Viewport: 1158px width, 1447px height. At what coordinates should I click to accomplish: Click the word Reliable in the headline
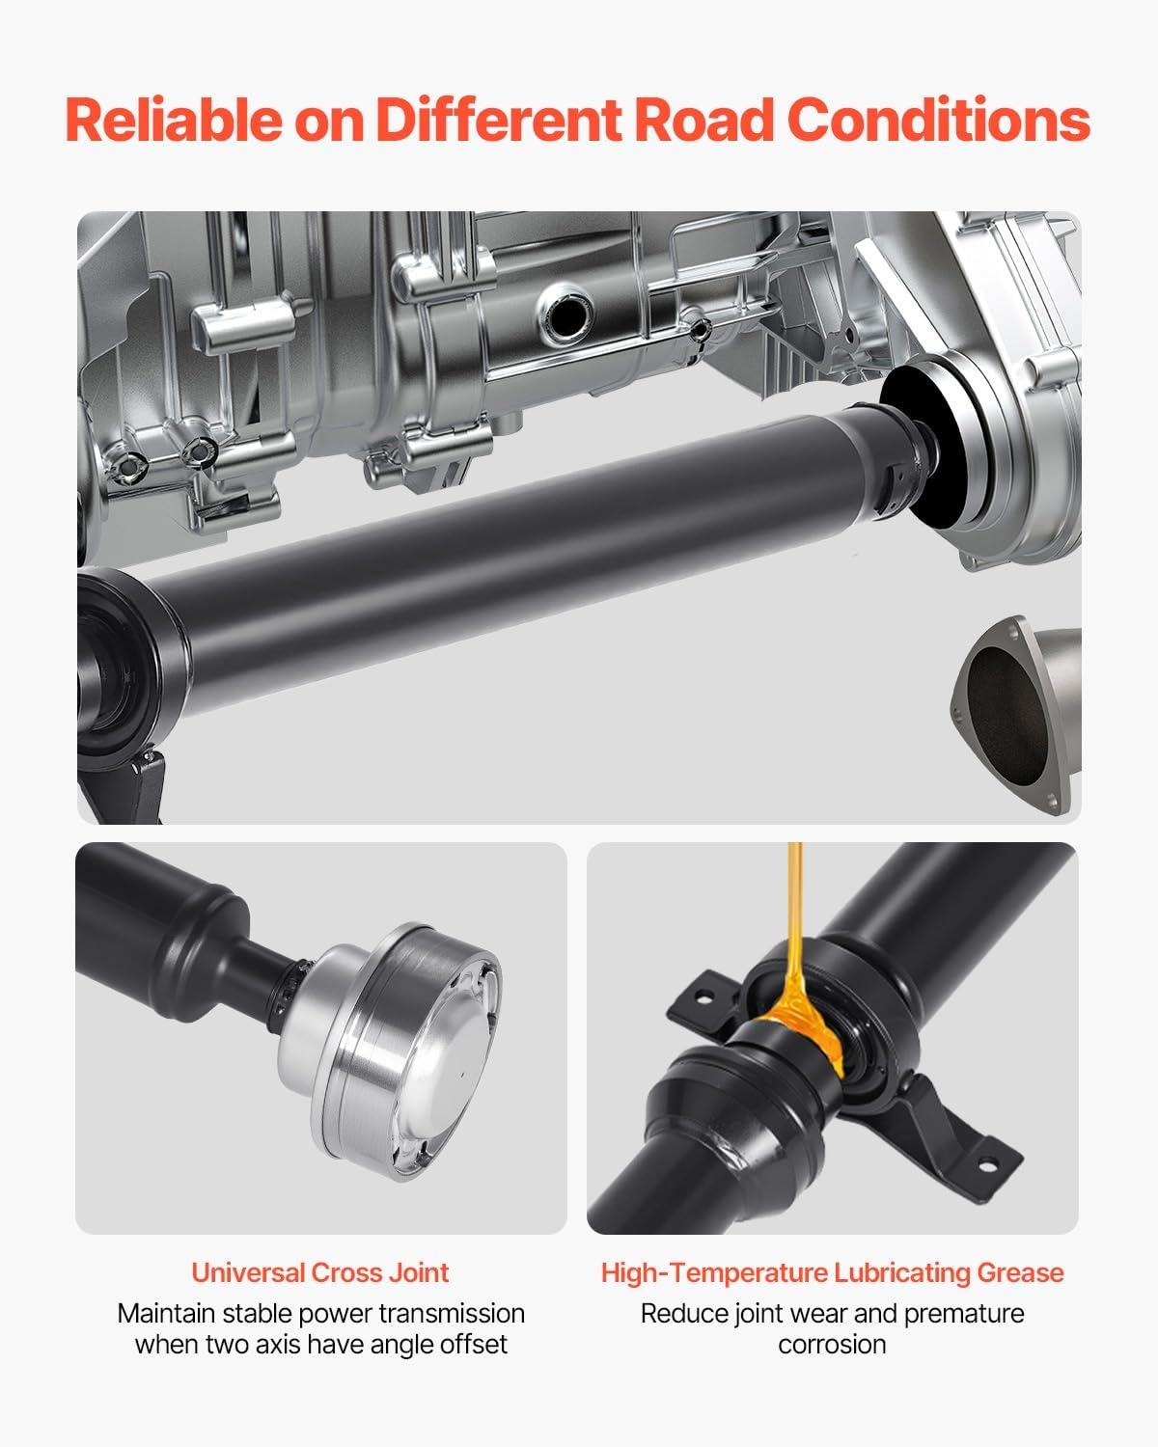point(174,120)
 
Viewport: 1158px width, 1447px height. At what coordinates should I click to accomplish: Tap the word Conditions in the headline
point(938,120)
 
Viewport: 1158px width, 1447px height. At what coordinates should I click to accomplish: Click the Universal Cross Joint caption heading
point(320,1272)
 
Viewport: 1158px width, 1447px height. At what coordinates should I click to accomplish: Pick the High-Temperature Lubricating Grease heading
point(833,1272)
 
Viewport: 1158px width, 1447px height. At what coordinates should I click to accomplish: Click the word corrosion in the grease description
point(833,1345)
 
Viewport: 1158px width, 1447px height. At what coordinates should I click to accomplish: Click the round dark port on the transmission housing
point(565,314)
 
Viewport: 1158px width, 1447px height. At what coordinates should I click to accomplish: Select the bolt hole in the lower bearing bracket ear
point(987,1166)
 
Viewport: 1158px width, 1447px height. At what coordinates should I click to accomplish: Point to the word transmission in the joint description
point(459,1313)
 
